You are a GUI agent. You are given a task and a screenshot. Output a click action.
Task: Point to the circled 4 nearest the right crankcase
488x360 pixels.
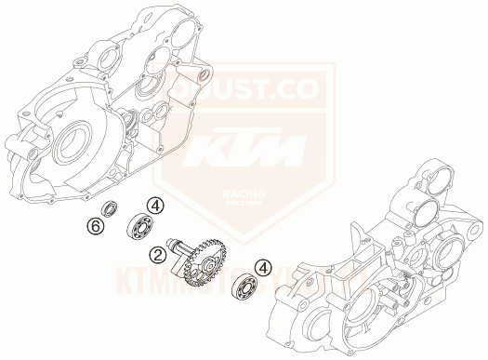[x=267, y=267]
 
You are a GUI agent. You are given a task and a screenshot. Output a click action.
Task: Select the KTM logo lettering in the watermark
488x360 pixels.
[x=244, y=148]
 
